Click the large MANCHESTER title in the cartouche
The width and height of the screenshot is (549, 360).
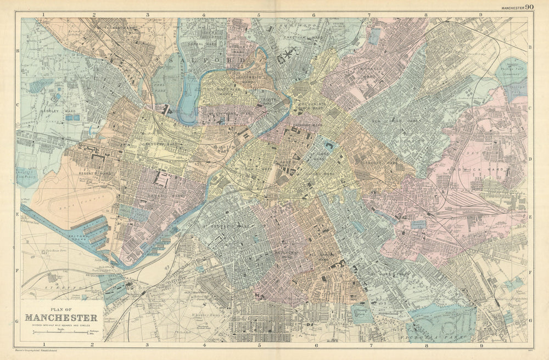61,318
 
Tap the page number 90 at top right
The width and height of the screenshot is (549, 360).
529,7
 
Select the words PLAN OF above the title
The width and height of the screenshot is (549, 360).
61,308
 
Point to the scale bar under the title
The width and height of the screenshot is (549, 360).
61,332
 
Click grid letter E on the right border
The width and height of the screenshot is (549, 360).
530,217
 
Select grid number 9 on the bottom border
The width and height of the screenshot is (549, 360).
481,346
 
